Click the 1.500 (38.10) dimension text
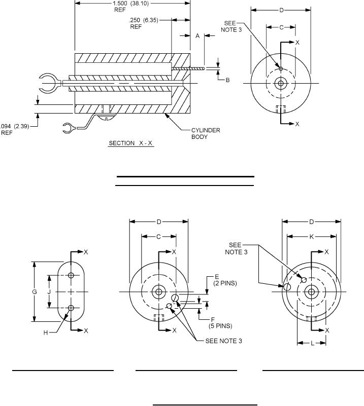point(131,4)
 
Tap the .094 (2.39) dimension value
point(14,126)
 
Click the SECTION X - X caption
point(131,143)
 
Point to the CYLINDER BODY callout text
point(206,133)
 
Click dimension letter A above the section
point(197,36)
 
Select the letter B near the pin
point(227,80)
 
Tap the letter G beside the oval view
point(35,292)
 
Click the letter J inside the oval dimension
point(49,292)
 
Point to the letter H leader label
point(46,333)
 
